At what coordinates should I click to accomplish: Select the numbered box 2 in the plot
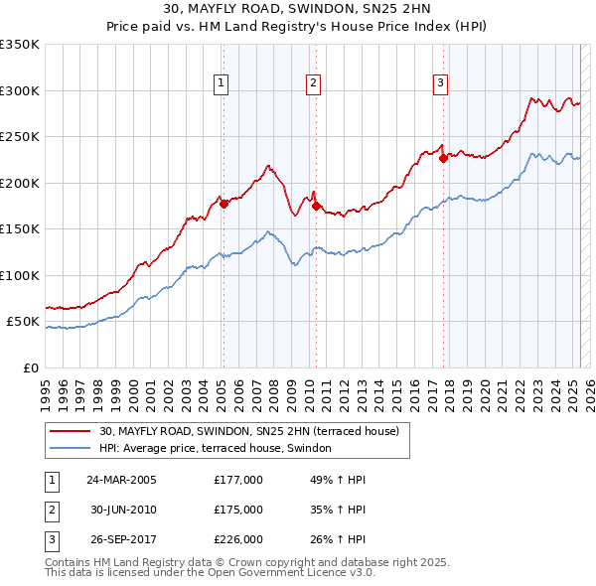click(x=313, y=83)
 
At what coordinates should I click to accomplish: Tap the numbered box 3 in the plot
click(x=440, y=83)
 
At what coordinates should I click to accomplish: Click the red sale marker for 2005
click(x=223, y=204)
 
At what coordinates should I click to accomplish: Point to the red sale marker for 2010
click(x=316, y=206)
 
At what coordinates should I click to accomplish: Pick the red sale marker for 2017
click(x=443, y=159)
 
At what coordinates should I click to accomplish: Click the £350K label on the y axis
click(x=20, y=45)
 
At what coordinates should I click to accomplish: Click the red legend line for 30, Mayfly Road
click(x=70, y=431)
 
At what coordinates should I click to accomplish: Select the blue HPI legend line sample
click(x=70, y=448)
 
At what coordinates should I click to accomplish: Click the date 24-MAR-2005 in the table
click(x=121, y=479)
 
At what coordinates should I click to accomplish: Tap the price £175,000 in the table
click(x=238, y=510)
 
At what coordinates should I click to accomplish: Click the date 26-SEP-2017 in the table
click(x=121, y=539)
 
